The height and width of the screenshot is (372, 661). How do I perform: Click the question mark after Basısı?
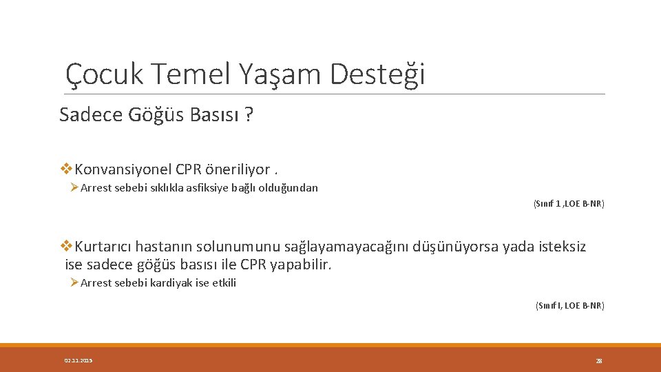click(x=248, y=115)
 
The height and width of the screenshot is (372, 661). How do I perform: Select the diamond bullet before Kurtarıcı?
click(x=67, y=246)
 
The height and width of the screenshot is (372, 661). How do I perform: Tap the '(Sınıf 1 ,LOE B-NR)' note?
click(x=569, y=204)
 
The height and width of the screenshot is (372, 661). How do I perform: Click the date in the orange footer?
click(x=78, y=360)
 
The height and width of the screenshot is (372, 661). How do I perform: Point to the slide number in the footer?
click(x=598, y=360)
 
